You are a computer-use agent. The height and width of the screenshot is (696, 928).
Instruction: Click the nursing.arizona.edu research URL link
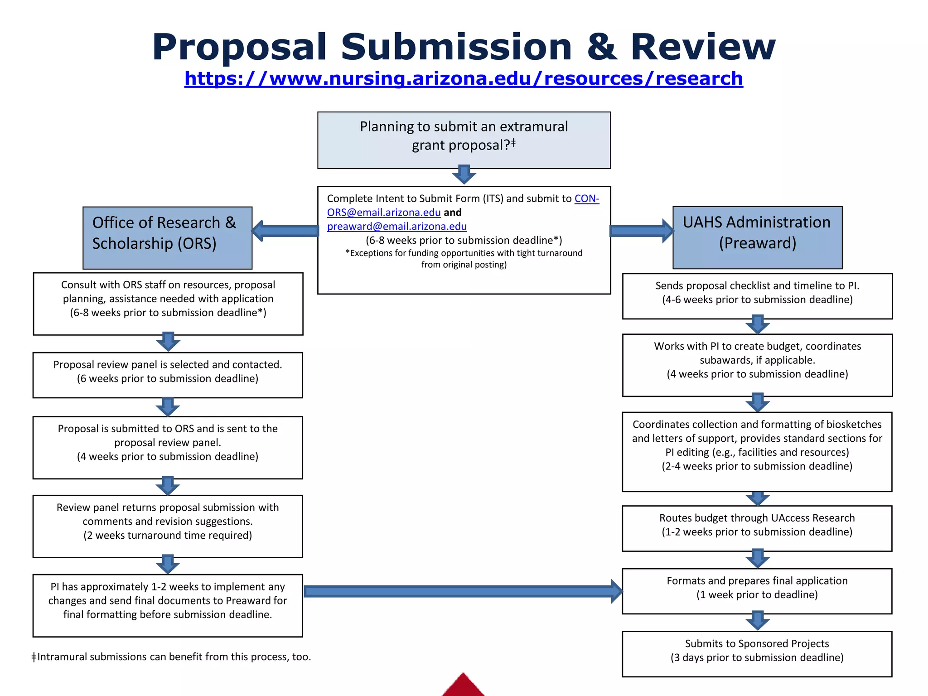463,78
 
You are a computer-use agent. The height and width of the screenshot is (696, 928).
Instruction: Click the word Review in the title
703,47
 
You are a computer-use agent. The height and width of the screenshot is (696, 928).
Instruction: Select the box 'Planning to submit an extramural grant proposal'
464,140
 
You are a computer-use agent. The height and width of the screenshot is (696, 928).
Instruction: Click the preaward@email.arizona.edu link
396,226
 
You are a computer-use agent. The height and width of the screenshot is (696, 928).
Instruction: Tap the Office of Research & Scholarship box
167,237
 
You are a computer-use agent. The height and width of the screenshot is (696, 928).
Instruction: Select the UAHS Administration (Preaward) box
757,237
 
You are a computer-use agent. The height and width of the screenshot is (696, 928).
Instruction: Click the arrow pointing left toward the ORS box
285,231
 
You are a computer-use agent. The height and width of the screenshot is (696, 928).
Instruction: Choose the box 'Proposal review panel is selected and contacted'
167,375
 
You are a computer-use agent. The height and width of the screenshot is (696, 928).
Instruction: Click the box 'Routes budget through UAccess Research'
757,528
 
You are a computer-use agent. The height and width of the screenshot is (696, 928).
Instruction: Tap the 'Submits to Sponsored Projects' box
757,653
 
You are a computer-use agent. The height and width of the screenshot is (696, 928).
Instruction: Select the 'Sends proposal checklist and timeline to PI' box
757,296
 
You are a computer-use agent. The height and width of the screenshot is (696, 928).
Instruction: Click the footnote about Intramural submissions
171,657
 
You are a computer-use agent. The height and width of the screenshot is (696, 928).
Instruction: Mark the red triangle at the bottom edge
463,686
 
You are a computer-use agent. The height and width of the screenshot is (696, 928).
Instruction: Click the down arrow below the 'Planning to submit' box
464,175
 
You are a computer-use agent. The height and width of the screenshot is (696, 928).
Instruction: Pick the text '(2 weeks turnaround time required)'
167,535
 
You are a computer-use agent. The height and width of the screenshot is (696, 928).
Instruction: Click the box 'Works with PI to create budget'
757,365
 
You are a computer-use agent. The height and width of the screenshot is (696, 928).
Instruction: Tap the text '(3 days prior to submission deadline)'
757,657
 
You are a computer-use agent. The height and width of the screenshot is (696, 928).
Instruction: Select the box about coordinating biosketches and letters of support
757,451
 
